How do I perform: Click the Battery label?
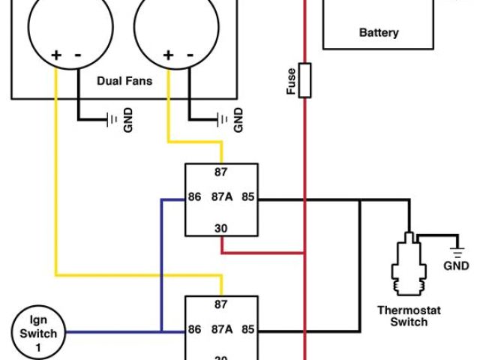[x=379, y=33]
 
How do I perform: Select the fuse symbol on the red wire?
[x=304, y=80]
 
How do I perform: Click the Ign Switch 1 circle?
[x=37, y=332]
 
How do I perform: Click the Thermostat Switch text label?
[x=408, y=316]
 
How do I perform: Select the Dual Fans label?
[x=124, y=80]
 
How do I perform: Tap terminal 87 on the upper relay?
[x=221, y=172]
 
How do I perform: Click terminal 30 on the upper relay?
[x=221, y=228]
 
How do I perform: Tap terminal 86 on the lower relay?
[x=195, y=329]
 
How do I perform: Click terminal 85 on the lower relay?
[x=249, y=329]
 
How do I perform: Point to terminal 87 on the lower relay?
[x=221, y=304]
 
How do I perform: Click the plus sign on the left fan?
[x=55, y=55]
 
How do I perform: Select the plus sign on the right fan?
[x=168, y=55]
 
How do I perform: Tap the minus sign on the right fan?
[x=189, y=55]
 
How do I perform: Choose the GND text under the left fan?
[x=127, y=120]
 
